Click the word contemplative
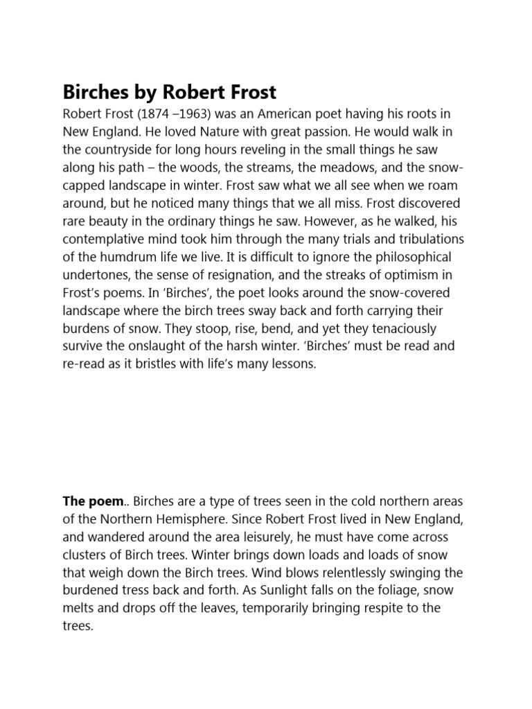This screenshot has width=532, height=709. click(x=106, y=239)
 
